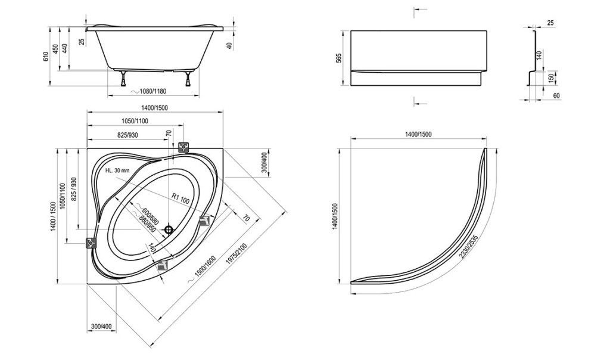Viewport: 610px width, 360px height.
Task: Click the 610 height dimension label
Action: point(45,57)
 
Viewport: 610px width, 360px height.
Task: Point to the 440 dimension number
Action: point(65,49)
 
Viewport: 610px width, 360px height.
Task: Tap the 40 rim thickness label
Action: point(229,45)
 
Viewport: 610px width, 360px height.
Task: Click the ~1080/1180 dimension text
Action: point(148,91)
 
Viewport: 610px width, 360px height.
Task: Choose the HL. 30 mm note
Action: point(117,170)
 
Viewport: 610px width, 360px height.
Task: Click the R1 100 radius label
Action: point(181,199)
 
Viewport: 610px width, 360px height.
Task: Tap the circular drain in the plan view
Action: point(169,229)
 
